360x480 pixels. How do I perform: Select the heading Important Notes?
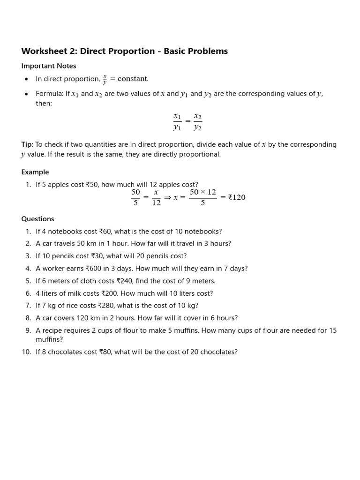(x=49, y=66)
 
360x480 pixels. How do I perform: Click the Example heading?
(x=35, y=172)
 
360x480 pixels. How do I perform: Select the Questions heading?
(x=38, y=219)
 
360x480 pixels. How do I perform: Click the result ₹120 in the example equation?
(x=237, y=197)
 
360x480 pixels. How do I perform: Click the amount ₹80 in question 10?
(x=105, y=352)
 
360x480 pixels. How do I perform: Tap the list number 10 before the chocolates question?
(x=26, y=352)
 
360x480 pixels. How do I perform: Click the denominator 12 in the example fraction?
(x=156, y=203)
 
